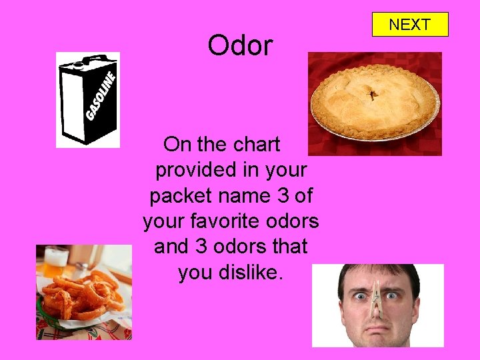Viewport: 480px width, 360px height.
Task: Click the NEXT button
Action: pos(409,25)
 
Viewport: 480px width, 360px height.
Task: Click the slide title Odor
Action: pos(240,46)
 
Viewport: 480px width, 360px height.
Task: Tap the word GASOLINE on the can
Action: pos(101,97)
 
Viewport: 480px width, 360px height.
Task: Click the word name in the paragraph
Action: pos(246,196)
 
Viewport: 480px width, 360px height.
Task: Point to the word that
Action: pos(289,247)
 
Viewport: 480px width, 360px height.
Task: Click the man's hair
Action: pos(377,271)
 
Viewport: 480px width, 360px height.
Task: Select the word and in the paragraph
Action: pos(172,247)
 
